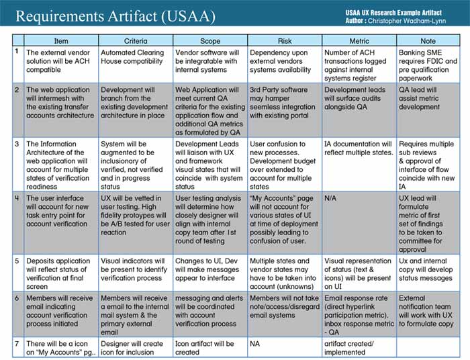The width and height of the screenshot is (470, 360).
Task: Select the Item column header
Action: pos(60,41)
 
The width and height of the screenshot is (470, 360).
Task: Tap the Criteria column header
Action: pos(136,41)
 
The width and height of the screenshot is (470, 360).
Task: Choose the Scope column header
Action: pos(210,41)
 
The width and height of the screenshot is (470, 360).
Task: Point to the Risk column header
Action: pos(285,41)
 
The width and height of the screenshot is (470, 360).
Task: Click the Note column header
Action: pos(428,41)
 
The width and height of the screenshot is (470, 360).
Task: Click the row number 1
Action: pos(16,51)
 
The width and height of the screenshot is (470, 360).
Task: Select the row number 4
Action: pos(16,198)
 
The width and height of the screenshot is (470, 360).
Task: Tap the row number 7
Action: pos(16,343)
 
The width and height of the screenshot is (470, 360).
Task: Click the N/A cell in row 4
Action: pos(331,199)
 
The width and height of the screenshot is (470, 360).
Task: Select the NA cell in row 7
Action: pos(256,343)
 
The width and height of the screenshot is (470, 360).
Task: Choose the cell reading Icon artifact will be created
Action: pos(205,348)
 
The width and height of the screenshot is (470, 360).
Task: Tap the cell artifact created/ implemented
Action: pos(348,348)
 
